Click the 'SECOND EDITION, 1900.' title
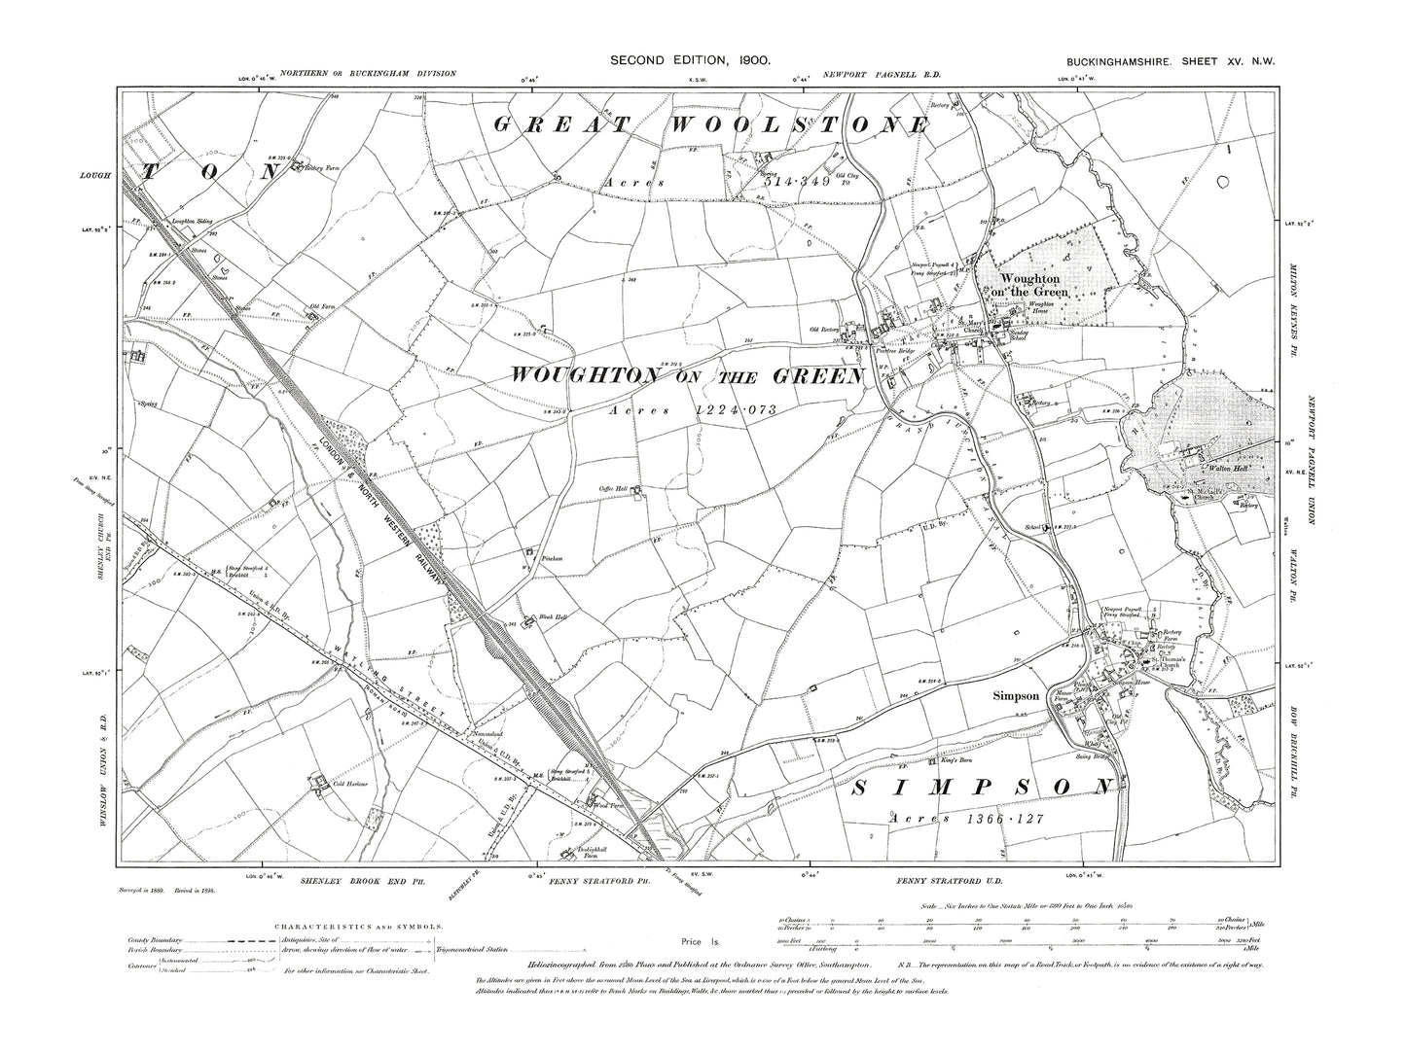pyautogui.click(x=691, y=60)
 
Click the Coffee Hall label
pyautogui.click(x=614, y=490)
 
